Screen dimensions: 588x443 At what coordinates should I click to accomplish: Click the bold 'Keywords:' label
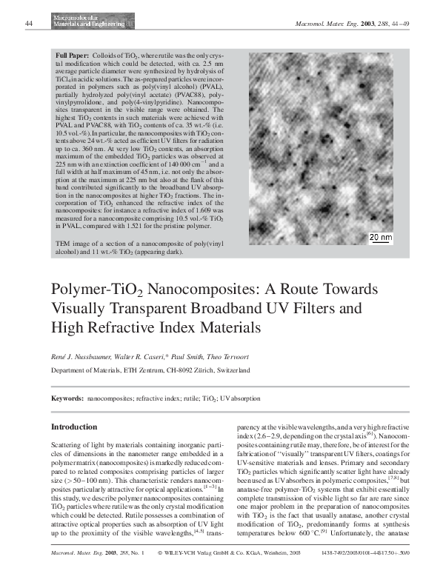coord(67,398)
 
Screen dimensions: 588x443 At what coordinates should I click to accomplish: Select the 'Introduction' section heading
coord(73,427)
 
